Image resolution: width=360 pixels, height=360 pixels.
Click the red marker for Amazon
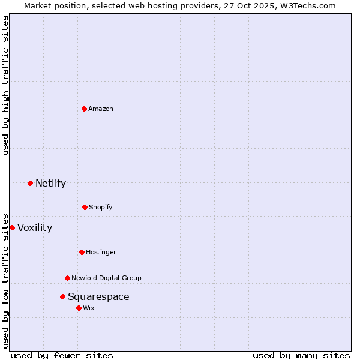(84, 109)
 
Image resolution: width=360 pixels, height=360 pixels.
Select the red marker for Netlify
(30, 183)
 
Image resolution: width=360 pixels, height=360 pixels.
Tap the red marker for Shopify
(85, 207)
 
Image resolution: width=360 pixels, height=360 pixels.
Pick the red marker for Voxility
(12, 227)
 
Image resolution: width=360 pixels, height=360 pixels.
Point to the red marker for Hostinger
(82, 252)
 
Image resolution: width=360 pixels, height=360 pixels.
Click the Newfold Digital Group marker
(67, 278)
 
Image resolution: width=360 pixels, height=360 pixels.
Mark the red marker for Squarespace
(62, 296)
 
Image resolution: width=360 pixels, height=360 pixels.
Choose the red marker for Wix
(79, 308)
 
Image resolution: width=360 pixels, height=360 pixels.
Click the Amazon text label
(101, 109)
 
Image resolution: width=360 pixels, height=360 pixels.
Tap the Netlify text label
(50, 183)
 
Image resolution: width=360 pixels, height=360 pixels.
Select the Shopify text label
(101, 207)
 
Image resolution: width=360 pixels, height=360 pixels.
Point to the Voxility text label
(35, 227)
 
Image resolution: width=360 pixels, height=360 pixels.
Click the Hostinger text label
(101, 252)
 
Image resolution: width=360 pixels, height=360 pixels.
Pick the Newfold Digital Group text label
(106, 278)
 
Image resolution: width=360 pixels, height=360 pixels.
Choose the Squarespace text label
(98, 296)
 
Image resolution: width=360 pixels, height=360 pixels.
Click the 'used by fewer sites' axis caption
(62, 355)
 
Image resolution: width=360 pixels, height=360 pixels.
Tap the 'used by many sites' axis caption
(301, 355)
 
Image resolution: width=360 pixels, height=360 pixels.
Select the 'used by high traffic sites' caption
(5, 85)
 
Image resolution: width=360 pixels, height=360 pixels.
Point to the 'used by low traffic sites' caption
(5, 280)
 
